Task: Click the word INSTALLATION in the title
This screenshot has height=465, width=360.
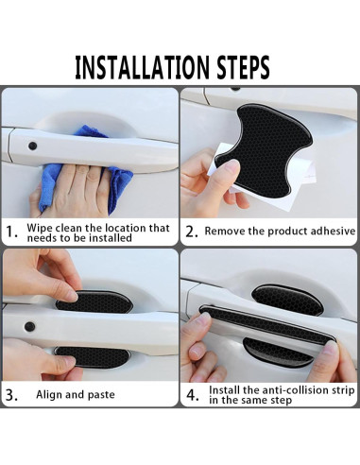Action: (142, 67)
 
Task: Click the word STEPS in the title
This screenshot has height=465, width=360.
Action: (243, 67)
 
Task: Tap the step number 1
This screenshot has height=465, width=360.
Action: (11, 232)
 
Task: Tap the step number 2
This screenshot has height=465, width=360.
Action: (192, 232)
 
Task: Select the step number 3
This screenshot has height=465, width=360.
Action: (11, 395)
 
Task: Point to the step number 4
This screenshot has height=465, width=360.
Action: (193, 395)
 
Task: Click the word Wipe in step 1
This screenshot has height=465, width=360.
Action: (40, 228)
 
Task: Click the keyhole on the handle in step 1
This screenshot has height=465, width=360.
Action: (32, 146)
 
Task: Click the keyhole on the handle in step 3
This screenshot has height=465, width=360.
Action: (29, 326)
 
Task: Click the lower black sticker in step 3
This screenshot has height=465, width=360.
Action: (94, 357)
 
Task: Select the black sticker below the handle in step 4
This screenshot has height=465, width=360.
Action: (277, 353)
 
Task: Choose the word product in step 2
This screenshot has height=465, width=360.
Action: (285, 232)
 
